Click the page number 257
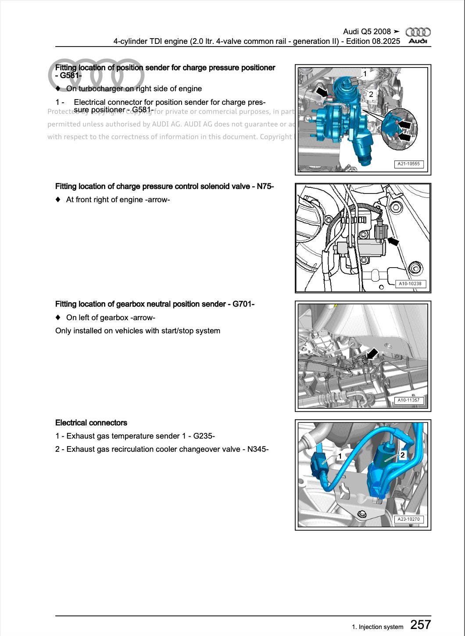coord(420,624)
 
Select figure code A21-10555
coord(408,164)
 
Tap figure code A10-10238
coord(410,284)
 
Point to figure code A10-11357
coord(408,400)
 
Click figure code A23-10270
coord(408,519)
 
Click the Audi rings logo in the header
coord(418,32)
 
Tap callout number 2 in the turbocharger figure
coord(371,94)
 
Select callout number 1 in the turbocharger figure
coord(365,74)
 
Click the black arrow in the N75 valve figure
coord(393,241)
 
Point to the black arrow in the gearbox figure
coord(372,354)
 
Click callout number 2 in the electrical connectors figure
coord(402,455)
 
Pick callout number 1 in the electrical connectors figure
coord(340,456)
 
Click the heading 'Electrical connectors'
coord(91,423)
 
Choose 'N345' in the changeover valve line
coord(257,449)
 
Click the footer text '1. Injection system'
coord(377,627)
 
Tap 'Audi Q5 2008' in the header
coord(367,32)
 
